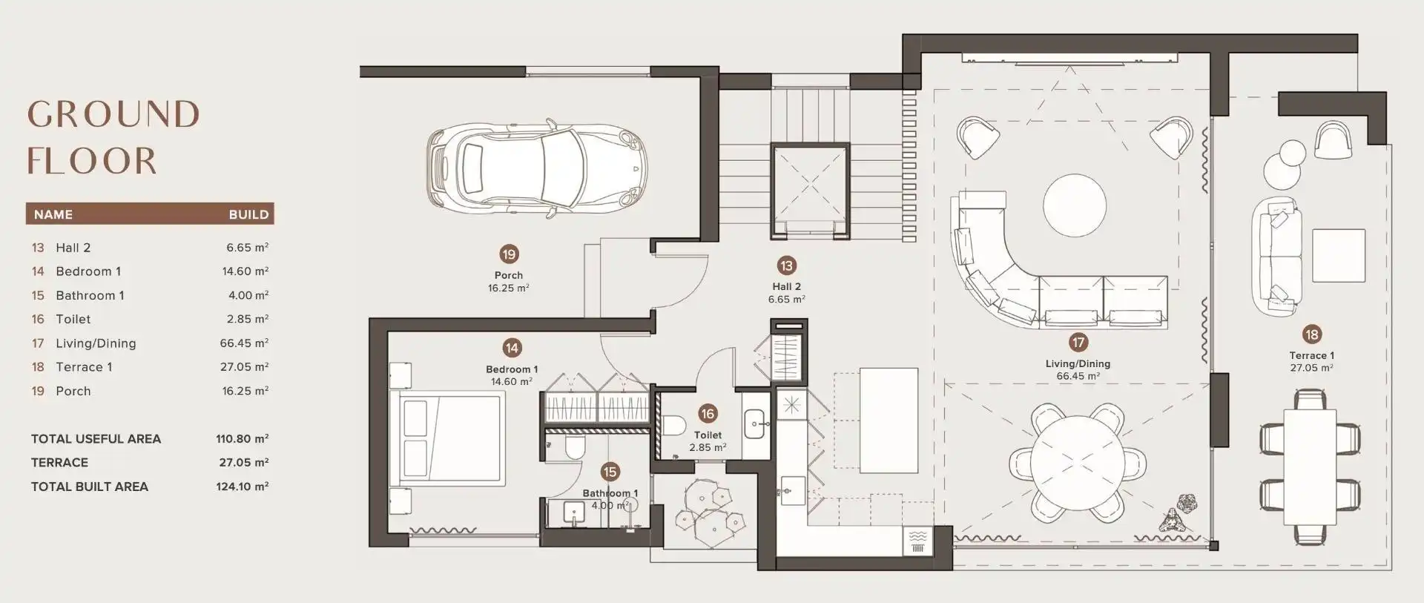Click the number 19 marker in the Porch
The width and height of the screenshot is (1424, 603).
509,255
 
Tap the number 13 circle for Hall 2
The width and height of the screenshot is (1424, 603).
786,266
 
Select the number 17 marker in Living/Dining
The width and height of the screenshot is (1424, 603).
1078,343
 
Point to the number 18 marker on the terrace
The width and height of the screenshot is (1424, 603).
1311,335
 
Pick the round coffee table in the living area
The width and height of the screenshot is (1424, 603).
1075,205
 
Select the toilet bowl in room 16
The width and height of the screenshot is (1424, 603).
673,426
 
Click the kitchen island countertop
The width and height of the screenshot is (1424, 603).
889,420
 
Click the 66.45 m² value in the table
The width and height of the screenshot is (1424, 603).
244,343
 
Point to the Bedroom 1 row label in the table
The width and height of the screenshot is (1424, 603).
88,271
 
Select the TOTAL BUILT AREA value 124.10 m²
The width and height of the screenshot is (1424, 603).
242,487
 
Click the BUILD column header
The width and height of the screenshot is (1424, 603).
248,214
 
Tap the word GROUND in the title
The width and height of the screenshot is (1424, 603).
113,115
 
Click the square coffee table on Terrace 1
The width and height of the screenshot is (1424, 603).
1339,256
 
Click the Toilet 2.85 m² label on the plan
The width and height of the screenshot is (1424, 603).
708,441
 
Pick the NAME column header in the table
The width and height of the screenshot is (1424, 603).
53,214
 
